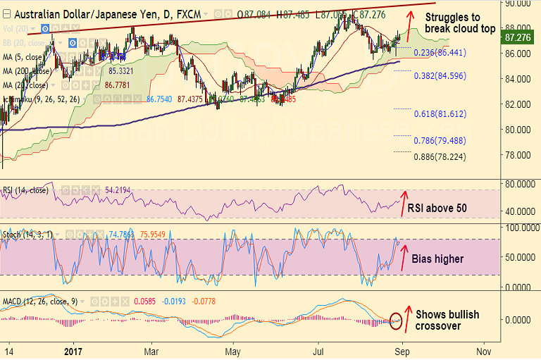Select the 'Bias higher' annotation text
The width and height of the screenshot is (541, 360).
click(443, 259)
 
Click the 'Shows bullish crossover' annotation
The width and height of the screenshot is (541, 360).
click(447, 320)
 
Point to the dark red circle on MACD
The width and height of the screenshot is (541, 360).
click(397, 321)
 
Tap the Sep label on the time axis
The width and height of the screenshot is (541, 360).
click(402, 350)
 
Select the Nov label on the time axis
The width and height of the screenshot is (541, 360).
click(483, 350)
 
